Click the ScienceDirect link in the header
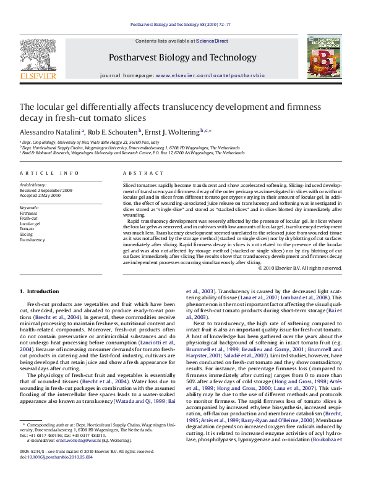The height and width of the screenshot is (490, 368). coord(212,41)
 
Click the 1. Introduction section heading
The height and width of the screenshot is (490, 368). coord(39,291)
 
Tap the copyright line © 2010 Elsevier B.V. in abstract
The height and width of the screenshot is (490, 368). coord(299,268)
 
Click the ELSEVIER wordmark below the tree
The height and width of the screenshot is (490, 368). coord(38,77)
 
